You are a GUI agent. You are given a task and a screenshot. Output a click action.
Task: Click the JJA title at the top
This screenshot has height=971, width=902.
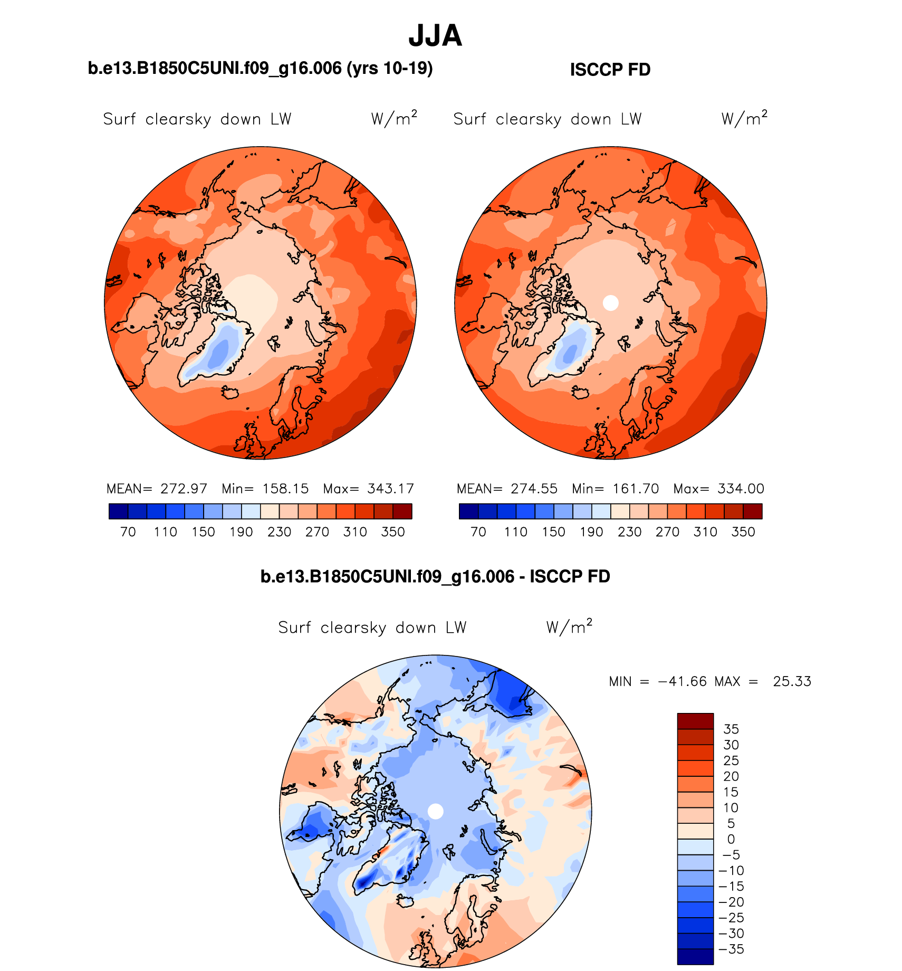435,36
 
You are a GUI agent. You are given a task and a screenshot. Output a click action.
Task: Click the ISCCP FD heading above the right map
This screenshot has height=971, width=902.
610,70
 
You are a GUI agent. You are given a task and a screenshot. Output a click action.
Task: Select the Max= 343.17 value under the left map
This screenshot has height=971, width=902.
369,489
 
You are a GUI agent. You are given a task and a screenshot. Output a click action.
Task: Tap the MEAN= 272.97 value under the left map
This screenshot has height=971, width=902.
157,489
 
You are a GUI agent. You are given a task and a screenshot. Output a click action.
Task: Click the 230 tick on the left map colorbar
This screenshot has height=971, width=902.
279,532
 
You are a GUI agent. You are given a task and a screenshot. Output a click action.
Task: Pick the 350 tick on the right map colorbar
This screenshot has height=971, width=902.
743,532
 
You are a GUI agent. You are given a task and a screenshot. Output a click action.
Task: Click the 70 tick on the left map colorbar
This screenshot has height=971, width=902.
128,532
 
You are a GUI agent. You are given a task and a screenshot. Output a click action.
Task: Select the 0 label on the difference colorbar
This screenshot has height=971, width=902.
731,839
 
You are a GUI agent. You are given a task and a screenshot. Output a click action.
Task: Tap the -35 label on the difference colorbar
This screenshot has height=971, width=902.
732,949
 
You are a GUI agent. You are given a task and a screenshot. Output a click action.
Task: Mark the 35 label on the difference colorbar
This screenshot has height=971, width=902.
731,729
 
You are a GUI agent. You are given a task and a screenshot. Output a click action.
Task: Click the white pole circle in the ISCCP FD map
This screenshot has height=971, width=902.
610,303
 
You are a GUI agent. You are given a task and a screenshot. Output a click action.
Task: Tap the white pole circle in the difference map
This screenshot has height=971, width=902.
435,811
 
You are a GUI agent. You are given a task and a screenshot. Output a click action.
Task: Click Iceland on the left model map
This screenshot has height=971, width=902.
231,393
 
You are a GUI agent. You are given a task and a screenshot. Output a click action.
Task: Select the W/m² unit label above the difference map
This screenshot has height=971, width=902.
569,626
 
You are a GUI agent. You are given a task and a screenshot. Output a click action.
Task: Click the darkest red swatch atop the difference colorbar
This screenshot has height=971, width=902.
695,721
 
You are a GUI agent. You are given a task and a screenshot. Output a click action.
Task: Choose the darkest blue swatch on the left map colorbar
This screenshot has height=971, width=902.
118,511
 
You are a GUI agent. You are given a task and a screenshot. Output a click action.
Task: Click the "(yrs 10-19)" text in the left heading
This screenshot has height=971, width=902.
390,68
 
